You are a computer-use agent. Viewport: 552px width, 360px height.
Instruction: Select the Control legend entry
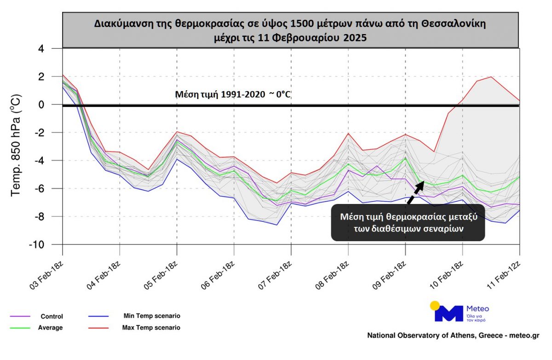tap(52, 316)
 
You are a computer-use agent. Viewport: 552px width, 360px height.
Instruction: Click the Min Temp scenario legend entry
tap(151, 316)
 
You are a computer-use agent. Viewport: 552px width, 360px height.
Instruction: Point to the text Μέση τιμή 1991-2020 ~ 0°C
tap(233, 95)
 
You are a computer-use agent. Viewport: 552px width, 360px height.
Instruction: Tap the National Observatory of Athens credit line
tap(453, 336)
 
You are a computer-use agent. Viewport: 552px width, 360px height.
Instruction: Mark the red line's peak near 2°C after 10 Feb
tap(491, 77)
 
